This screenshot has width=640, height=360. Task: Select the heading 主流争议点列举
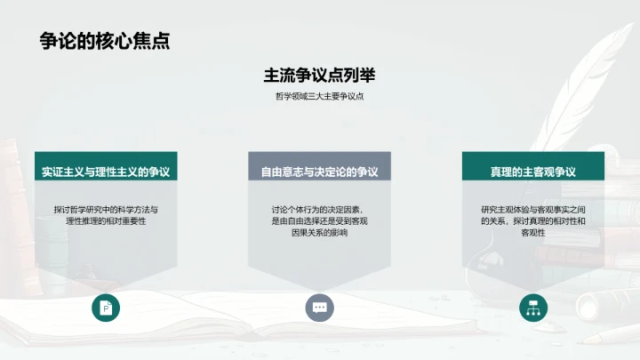319,76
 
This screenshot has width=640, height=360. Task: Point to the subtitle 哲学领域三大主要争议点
319,97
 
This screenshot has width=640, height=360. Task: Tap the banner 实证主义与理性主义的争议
105,170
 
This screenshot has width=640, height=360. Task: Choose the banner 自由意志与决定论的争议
319,170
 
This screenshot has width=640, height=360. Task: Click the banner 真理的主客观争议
532,170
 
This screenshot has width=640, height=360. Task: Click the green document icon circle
106,308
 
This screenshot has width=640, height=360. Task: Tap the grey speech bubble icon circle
319,308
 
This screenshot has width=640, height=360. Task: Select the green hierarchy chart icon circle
533,308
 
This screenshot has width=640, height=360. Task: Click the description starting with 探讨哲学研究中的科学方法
105,214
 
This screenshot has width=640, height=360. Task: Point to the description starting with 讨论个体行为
319,220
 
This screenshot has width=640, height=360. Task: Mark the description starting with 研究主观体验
532,220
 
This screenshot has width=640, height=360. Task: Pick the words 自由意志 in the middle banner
284,170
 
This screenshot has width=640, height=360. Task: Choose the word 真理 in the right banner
501,170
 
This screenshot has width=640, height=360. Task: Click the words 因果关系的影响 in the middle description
319,232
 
